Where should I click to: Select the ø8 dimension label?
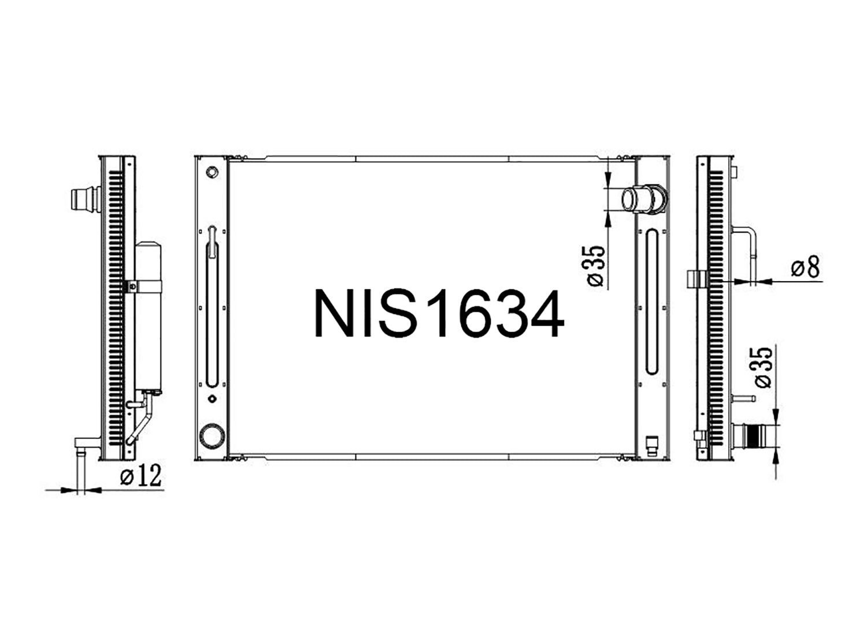805,267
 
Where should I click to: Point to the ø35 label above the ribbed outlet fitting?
764,367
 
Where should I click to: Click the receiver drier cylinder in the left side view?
148,318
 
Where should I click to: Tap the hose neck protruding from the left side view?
86,199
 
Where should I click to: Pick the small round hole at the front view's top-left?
212,172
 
